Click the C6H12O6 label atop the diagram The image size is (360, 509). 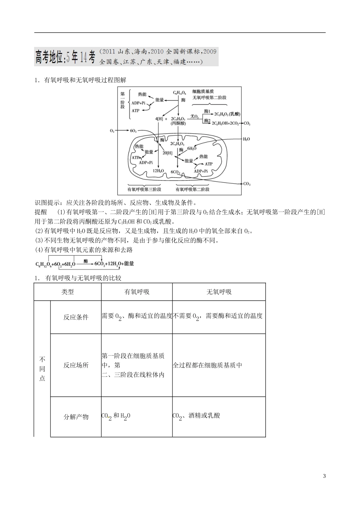179,92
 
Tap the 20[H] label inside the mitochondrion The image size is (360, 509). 167,153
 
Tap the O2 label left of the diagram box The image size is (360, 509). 112,131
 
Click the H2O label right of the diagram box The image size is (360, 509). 246,139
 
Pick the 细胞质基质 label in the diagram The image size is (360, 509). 203,92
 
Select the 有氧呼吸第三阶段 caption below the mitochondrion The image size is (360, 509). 144,189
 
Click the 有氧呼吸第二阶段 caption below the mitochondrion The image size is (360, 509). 193,189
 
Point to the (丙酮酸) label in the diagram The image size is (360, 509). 178,123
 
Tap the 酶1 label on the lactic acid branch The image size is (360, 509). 207,111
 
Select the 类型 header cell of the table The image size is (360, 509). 67,292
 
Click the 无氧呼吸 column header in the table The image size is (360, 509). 219,292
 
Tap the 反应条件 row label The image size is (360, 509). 76,317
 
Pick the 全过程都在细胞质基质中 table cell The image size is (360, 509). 207,365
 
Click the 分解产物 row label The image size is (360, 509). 76,417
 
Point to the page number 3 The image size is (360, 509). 324,476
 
